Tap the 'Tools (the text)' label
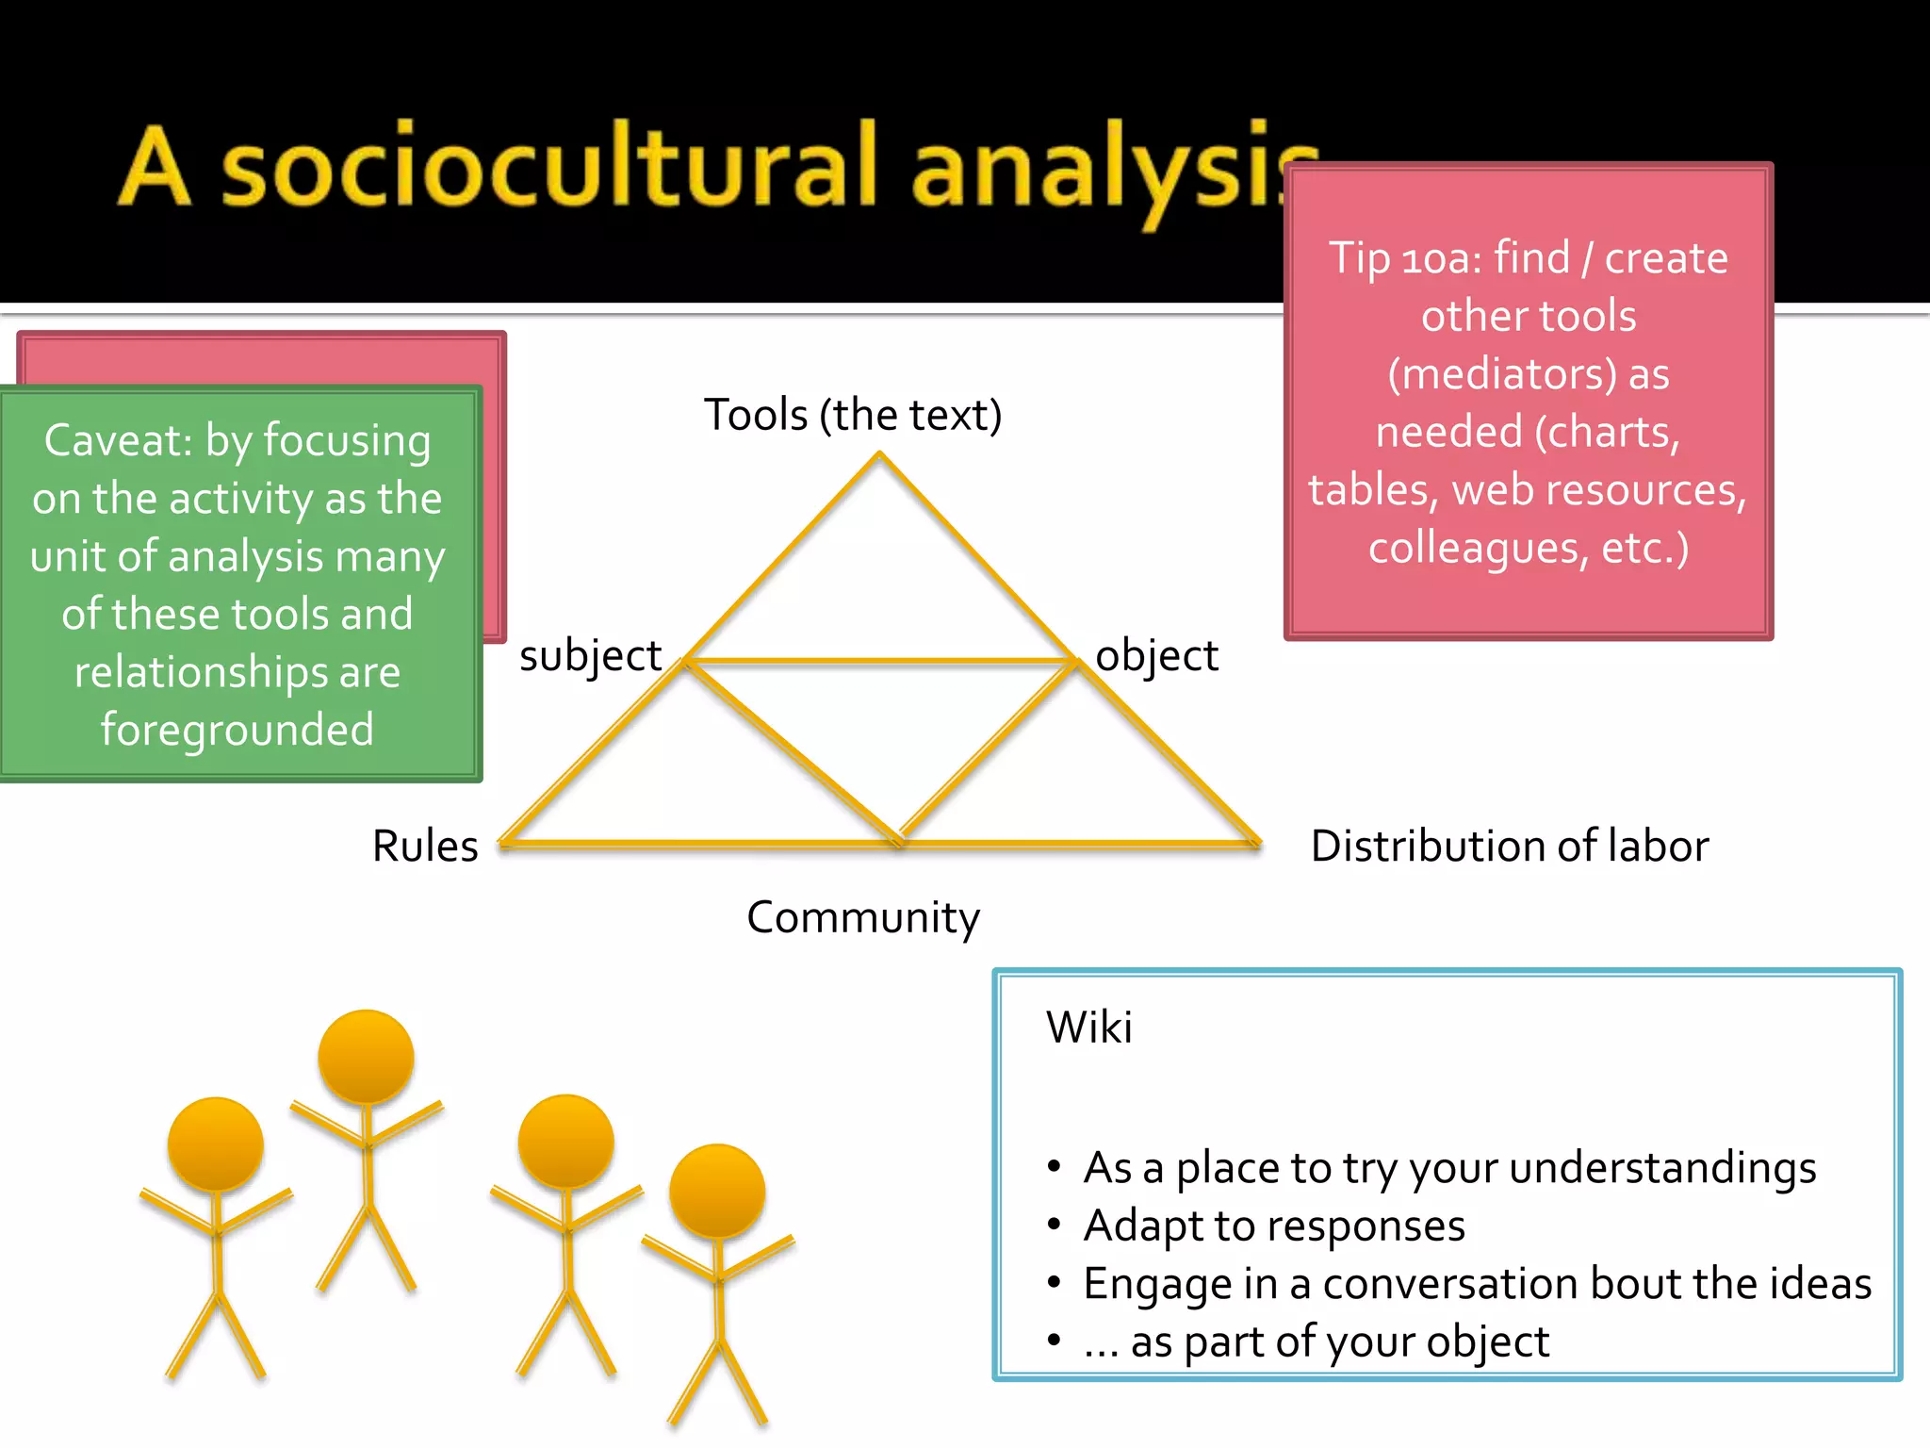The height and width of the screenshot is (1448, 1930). [853, 415]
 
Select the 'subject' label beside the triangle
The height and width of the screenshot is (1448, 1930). [590, 656]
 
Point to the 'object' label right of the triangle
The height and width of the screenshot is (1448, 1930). [1156, 656]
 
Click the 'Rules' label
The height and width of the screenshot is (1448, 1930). [425, 846]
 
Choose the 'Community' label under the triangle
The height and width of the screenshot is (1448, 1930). [863, 917]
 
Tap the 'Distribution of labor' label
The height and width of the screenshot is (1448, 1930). [1509, 846]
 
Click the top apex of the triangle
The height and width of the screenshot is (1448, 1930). [879, 455]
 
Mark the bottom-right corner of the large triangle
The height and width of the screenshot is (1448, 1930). [1257, 842]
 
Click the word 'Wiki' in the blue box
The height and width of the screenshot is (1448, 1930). [1088, 1027]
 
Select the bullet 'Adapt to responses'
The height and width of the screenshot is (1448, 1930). [1274, 1226]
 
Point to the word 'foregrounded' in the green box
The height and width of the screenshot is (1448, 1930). [237, 730]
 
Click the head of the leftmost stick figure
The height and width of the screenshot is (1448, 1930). [216, 1144]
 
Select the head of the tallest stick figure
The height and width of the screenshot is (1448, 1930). [366, 1056]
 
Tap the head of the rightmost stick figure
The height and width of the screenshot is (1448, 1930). [717, 1191]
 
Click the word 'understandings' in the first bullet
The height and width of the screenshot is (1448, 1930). [1662, 1168]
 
